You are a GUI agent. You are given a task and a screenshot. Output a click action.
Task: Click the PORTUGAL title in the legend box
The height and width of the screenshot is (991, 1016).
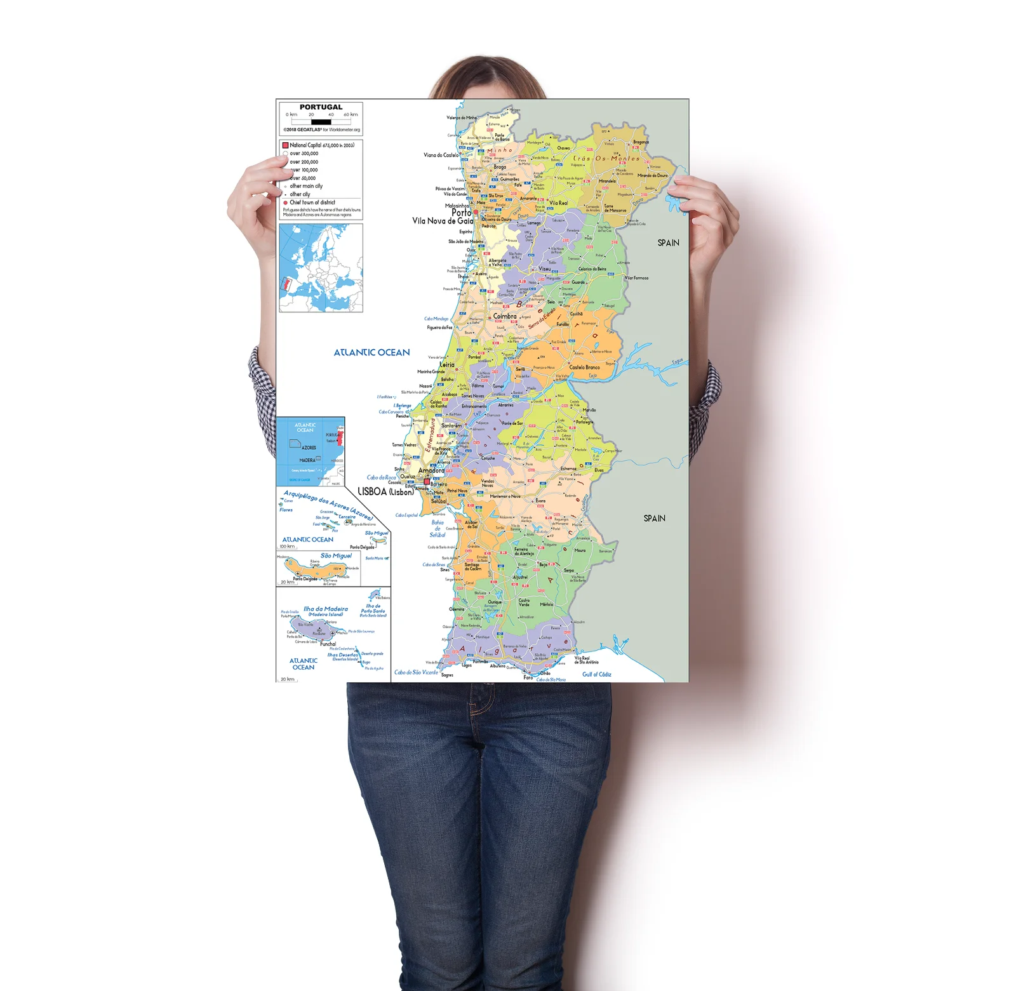(x=321, y=107)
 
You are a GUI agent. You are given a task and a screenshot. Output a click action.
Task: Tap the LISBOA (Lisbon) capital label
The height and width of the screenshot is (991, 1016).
(x=385, y=491)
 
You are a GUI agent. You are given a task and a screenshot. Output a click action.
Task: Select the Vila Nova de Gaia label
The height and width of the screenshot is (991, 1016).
(x=443, y=221)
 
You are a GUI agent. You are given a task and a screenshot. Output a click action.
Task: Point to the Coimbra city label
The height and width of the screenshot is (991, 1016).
(x=505, y=316)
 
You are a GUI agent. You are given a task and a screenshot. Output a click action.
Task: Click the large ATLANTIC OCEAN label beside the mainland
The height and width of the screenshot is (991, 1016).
(x=371, y=352)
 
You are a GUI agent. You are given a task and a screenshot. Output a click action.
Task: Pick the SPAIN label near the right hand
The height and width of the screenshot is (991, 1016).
(x=668, y=243)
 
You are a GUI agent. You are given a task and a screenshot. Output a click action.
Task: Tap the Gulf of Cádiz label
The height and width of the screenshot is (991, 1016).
(x=597, y=674)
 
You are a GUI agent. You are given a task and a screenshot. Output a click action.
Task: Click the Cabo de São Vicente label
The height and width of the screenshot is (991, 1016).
(x=416, y=672)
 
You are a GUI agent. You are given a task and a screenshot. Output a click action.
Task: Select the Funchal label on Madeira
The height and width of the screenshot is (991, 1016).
(x=328, y=644)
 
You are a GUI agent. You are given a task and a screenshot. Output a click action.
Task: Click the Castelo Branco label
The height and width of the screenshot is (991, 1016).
(x=584, y=367)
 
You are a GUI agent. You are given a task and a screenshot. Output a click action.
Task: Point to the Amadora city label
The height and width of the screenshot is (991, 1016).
(x=431, y=470)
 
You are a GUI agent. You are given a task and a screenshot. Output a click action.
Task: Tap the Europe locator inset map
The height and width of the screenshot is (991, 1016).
(x=321, y=267)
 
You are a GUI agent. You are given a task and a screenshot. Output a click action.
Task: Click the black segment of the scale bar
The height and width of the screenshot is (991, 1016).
(x=321, y=121)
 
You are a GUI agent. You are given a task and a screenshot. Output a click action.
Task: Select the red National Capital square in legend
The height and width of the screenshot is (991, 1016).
(x=285, y=145)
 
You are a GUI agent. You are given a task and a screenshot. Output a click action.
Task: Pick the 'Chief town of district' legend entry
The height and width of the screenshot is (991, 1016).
(x=312, y=203)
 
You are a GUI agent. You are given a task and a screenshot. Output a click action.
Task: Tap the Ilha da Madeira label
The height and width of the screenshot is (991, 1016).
(x=325, y=609)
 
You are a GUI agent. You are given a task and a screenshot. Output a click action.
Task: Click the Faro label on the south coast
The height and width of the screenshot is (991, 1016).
(x=528, y=677)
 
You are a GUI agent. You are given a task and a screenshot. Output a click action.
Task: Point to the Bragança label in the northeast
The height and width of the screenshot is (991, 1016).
(x=641, y=142)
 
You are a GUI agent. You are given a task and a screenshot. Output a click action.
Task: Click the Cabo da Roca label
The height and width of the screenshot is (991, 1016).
(x=381, y=477)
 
